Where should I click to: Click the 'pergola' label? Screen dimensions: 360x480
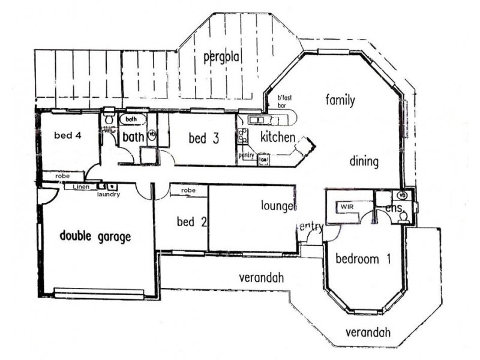(221, 58)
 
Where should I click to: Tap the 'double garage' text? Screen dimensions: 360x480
(95, 236)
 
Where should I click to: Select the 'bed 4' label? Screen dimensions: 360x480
(67, 135)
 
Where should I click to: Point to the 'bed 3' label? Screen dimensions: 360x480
(203, 139)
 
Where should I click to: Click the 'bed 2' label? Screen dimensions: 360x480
(192, 222)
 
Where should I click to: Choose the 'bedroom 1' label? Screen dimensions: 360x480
(363, 259)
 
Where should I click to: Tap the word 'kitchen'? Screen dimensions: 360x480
(277, 137)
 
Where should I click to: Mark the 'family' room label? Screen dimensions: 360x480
(341, 100)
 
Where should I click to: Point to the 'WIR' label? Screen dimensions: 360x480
(347, 206)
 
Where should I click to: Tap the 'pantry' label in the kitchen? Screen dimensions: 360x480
(247, 155)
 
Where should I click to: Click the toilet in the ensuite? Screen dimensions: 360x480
(404, 216)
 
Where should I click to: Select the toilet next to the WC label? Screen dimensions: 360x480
(108, 119)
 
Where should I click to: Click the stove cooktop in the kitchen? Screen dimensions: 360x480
(243, 136)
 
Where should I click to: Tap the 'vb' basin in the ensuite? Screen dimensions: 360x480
(402, 195)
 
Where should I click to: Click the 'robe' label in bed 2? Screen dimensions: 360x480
(188, 190)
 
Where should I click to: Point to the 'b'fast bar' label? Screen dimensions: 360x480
(283, 101)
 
